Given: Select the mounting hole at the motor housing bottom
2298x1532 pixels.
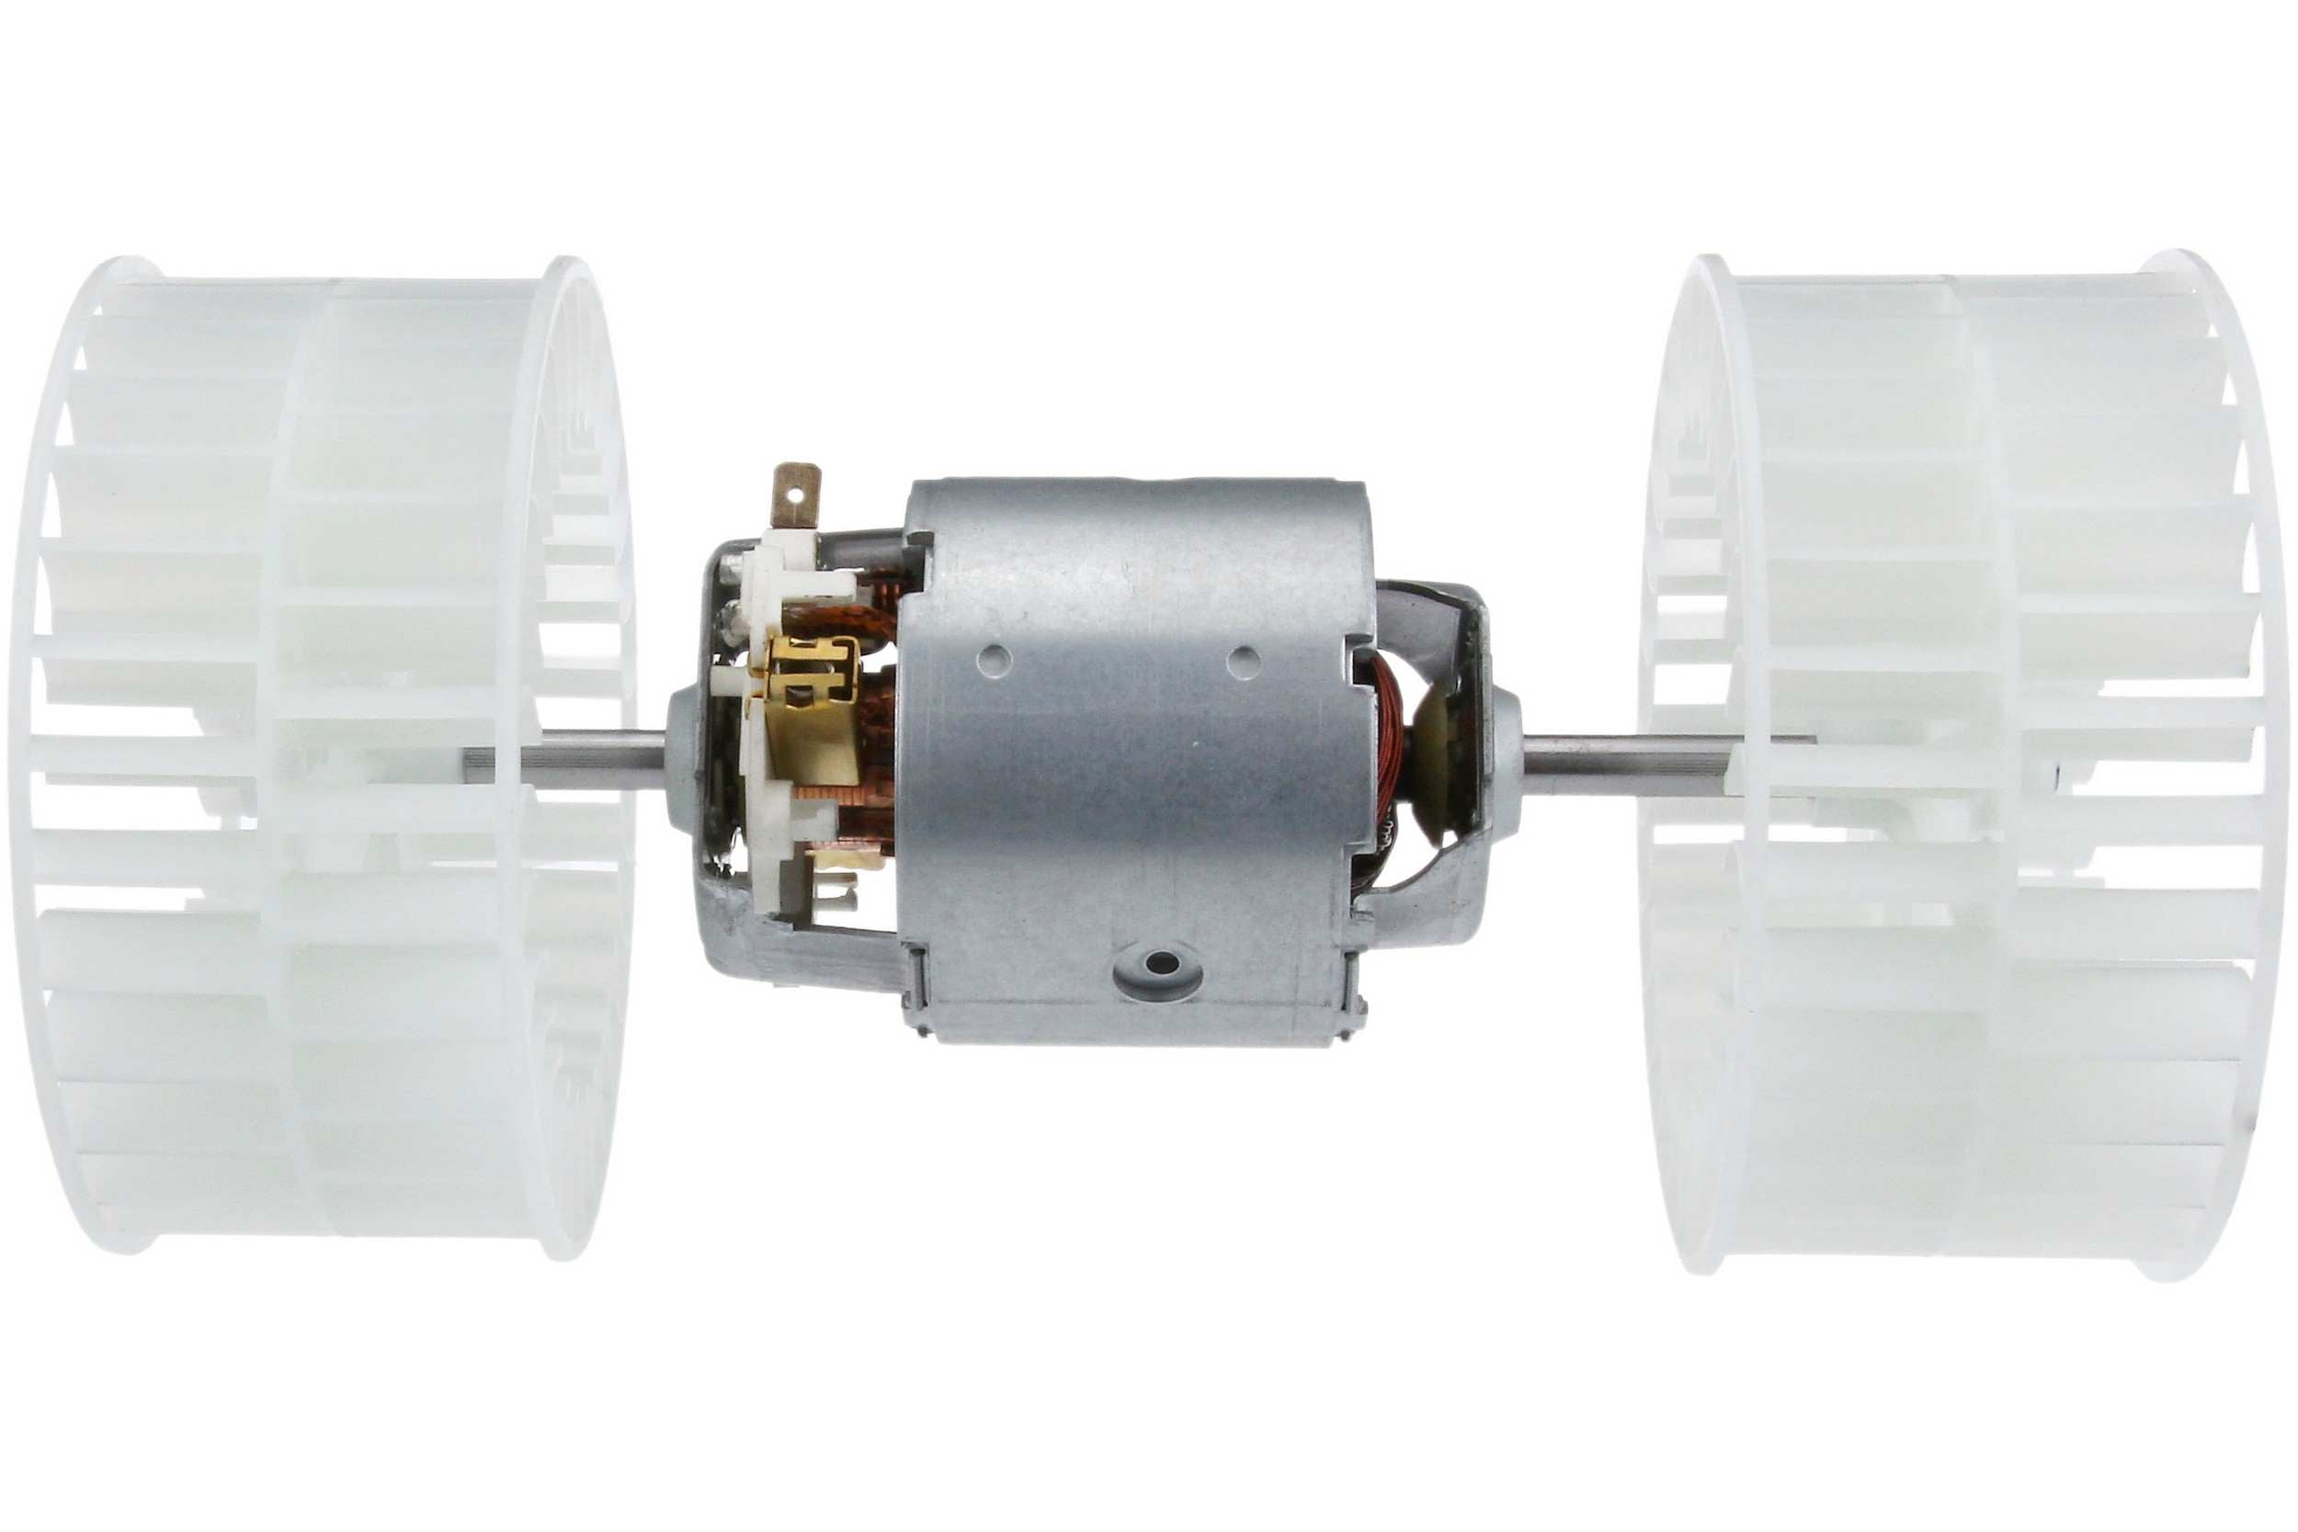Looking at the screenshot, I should point(1160,963).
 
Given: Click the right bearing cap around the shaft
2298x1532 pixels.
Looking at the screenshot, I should point(1505,750).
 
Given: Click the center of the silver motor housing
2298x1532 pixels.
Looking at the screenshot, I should point(1133,762).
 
